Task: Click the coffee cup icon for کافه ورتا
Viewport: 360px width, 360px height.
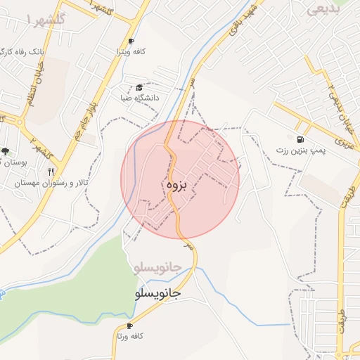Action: (x=129, y=326)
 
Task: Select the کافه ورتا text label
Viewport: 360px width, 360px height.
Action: (x=129, y=336)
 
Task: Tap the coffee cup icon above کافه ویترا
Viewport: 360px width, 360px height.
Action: (x=131, y=41)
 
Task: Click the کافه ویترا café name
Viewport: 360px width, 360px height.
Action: (x=131, y=52)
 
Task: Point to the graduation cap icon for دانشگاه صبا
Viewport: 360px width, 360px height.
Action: (x=139, y=87)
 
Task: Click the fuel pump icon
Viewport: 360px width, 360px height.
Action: (x=302, y=139)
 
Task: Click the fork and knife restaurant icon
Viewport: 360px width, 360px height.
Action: (x=51, y=171)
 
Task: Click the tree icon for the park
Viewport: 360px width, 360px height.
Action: (x=6, y=151)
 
